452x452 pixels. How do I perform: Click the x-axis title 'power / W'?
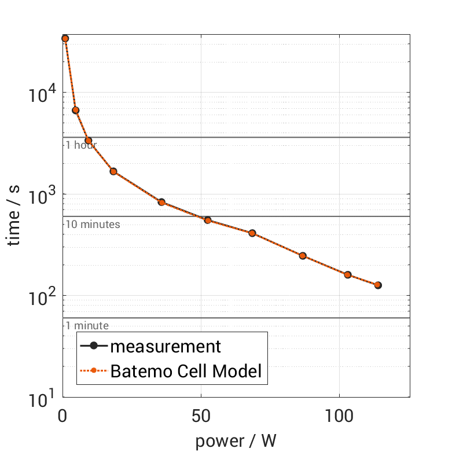coord(236,441)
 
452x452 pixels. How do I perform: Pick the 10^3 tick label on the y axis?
coord(42,195)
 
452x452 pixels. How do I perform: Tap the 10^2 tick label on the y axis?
coord(42,296)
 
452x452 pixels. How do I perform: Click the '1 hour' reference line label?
coord(80,145)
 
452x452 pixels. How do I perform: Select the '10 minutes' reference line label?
coord(93,224)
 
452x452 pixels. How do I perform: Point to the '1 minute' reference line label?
coord(87,326)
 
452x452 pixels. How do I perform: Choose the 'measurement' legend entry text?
coord(166,346)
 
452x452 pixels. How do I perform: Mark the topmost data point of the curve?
coord(65,38)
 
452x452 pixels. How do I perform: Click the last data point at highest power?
coord(378,285)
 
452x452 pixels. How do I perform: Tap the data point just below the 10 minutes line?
coord(207,220)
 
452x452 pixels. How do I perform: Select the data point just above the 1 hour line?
coord(75,110)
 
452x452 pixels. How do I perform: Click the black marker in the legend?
coord(94,347)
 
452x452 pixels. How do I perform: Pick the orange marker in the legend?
coord(94,372)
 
